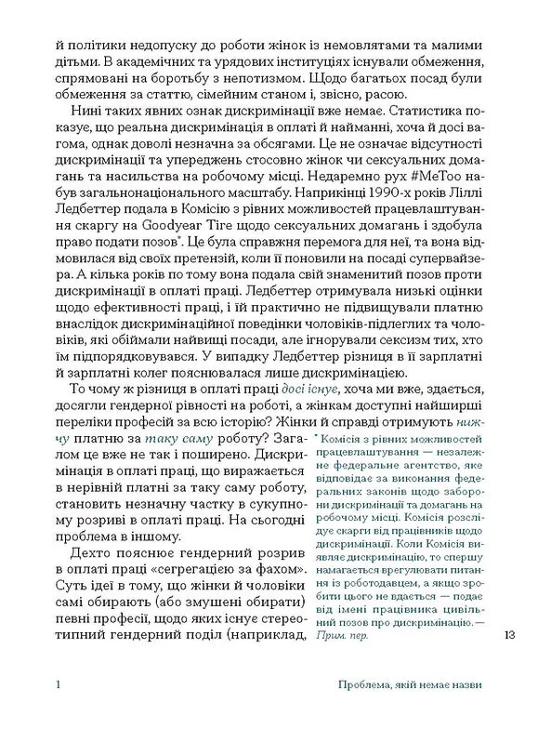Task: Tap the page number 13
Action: tap(506, 636)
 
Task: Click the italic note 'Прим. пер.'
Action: tap(342, 637)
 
